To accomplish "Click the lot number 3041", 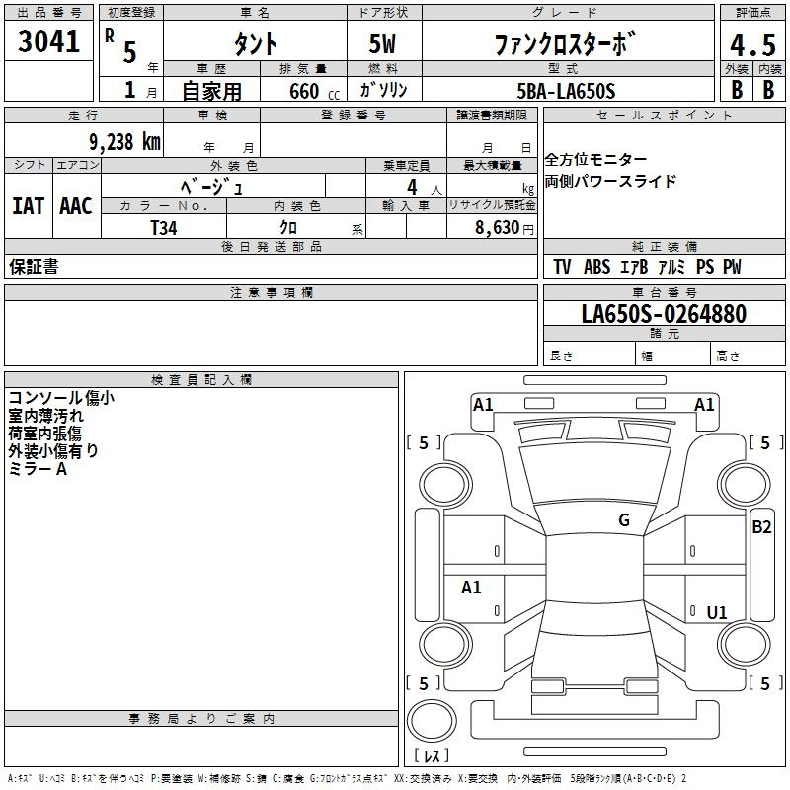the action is click(48, 41).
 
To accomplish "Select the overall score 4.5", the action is click(752, 44).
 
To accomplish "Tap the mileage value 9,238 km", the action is click(125, 142).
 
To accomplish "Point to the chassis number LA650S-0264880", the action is click(664, 313).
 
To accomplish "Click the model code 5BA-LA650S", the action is click(566, 91).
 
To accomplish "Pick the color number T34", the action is click(164, 228).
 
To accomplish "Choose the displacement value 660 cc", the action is click(314, 91).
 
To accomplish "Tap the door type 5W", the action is click(382, 43).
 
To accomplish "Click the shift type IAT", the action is click(28, 206).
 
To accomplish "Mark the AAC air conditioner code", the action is click(76, 206).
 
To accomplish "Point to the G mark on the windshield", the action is click(624, 519).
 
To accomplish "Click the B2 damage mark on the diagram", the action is click(761, 527).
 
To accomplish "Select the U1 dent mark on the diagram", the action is click(717, 612).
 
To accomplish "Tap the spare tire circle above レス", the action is click(432, 721).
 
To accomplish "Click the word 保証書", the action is click(34, 266).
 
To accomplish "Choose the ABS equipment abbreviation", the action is click(597, 266).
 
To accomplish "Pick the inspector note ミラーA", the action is click(38, 469).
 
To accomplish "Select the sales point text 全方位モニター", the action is click(595, 159).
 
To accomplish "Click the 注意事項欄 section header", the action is click(272, 292).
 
